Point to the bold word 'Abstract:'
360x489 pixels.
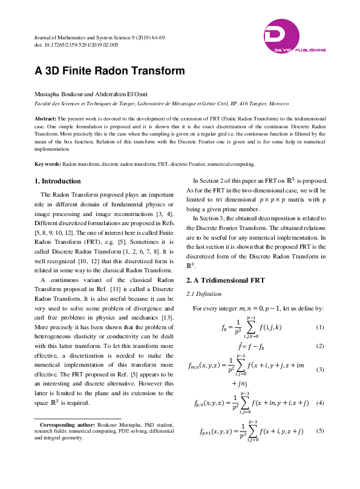click(45, 119)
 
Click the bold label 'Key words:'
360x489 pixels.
click(47, 164)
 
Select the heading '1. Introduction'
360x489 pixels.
click(57, 181)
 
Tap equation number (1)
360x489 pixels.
click(321, 327)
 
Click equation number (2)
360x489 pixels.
click(321, 346)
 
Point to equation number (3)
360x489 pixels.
click(321, 369)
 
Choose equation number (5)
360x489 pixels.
click(321, 431)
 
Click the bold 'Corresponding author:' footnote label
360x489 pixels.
click(67, 425)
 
